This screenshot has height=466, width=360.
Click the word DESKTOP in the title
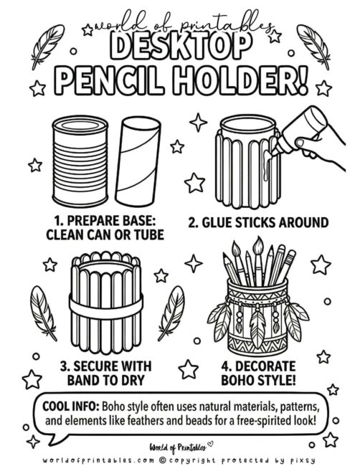pos(179,47)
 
